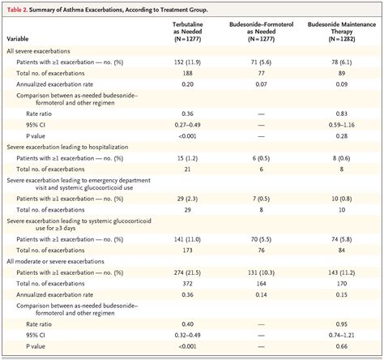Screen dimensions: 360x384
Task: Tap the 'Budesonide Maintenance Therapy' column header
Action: point(339,32)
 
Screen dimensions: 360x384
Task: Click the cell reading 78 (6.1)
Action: point(339,61)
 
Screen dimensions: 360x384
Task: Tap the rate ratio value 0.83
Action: point(339,113)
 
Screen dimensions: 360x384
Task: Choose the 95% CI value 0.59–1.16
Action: point(339,125)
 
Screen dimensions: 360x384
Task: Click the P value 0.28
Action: point(339,136)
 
